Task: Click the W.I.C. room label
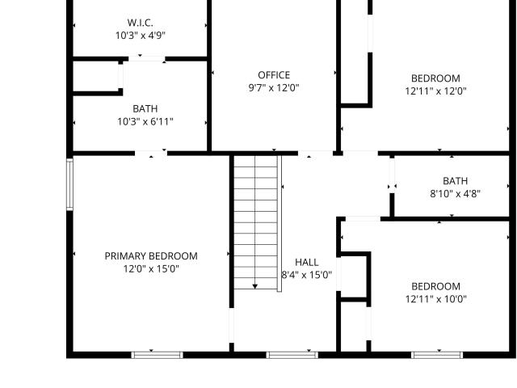[140, 23]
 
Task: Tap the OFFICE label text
[274, 75]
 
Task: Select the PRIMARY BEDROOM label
[151, 256]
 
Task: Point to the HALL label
[307, 262]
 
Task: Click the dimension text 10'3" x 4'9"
[140, 36]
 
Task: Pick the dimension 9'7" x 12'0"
[274, 88]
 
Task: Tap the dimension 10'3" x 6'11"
[145, 122]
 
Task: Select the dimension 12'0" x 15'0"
[151, 269]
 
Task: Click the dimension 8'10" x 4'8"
[455, 194]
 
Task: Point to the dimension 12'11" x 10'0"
[436, 299]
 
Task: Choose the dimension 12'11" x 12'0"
[435, 91]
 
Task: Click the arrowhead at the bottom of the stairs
[255, 286]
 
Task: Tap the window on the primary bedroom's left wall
[69, 184]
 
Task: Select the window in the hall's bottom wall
[292, 355]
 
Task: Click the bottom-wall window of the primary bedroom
[157, 355]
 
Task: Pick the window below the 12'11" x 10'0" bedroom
[437, 355]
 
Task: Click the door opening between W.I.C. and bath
[147, 59]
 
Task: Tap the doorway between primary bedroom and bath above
[151, 154]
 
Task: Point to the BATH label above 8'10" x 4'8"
[455, 181]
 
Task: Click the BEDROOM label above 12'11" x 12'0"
[435, 78]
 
